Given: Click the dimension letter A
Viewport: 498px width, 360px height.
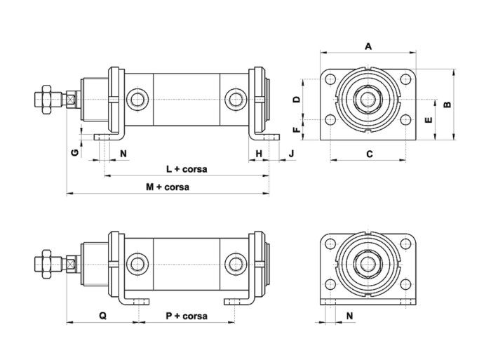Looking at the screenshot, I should (x=368, y=46).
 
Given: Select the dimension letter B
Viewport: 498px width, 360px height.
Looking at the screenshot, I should (x=447, y=103).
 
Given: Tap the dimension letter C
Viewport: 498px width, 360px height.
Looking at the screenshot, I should (x=368, y=152).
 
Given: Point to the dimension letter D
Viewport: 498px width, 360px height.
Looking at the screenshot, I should (x=297, y=100).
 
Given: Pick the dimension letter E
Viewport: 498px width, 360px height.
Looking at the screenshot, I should (x=429, y=119).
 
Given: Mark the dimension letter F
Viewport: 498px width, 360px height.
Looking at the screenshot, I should (x=297, y=129).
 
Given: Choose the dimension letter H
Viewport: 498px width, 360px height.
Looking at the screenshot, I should (x=259, y=152).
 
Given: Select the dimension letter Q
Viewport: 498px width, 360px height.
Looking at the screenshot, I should (x=102, y=316).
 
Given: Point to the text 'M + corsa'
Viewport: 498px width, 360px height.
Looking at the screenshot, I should (x=167, y=187).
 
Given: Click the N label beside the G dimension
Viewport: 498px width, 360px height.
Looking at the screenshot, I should (x=123, y=152).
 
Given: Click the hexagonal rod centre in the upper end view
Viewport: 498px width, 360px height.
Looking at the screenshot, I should (x=368, y=98).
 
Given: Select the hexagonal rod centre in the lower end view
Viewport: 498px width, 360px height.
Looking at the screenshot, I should (x=368, y=263).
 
